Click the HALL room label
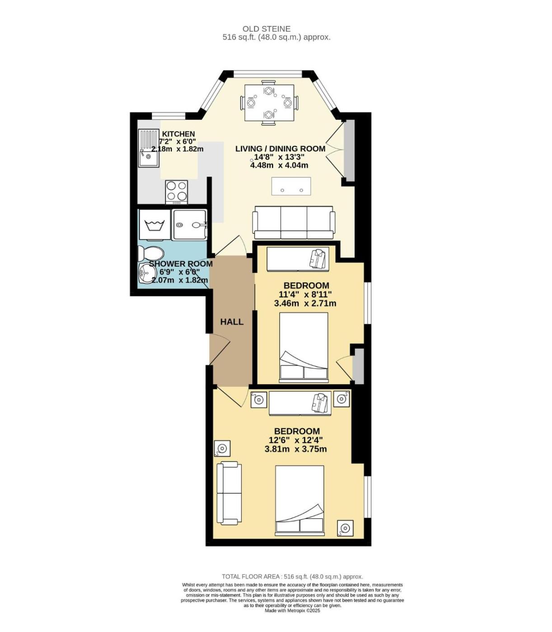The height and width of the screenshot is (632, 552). click(x=232, y=322)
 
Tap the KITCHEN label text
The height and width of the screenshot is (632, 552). click(x=178, y=134)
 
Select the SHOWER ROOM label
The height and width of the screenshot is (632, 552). click(x=181, y=264)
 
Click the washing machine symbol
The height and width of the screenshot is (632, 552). click(x=154, y=225)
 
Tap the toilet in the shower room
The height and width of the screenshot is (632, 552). click(x=150, y=254)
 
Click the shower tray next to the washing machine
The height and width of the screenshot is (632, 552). click(x=190, y=224)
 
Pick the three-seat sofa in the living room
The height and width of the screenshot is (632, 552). click(x=293, y=223)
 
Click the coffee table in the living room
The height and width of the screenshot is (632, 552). click(x=291, y=186)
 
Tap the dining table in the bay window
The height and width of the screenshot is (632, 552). click(x=268, y=102)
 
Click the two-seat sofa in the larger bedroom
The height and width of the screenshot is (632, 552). click(x=229, y=493)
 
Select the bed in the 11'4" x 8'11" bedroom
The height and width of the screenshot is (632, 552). click(x=304, y=346)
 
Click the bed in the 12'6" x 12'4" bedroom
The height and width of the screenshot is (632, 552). click(x=300, y=501)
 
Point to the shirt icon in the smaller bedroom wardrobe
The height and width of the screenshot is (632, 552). click(x=318, y=258)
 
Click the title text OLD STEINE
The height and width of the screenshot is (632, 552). click(x=267, y=29)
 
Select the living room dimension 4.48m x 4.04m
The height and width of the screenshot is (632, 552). click(x=279, y=165)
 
